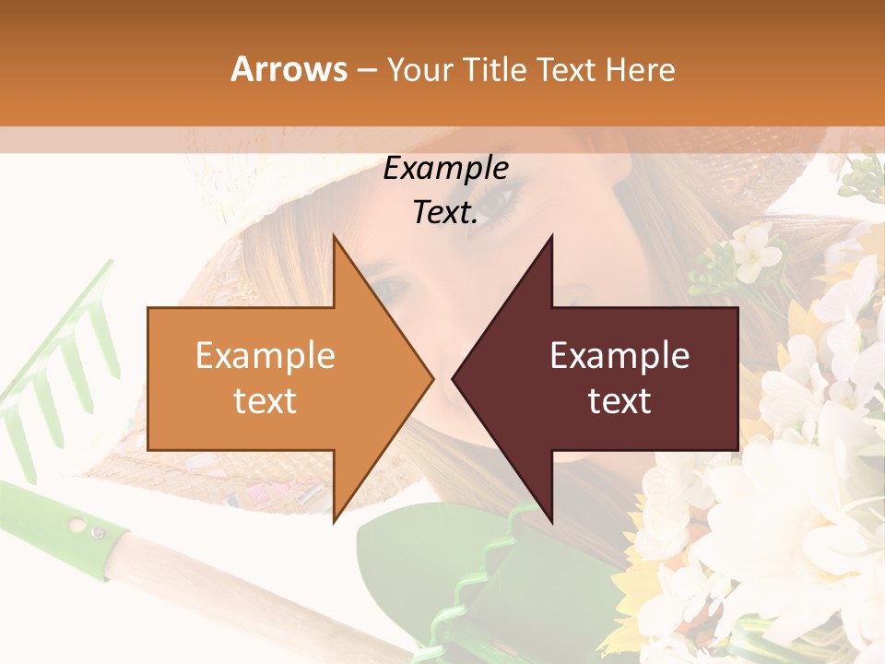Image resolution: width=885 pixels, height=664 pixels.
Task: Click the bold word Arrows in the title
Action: coord(289,69)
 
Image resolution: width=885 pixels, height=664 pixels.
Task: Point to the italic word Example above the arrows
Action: coord(445,169)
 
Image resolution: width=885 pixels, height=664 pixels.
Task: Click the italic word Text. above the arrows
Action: coord(445,213)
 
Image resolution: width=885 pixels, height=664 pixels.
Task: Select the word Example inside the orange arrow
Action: coord(265,355)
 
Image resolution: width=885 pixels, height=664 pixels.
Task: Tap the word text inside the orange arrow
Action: coord(265,400)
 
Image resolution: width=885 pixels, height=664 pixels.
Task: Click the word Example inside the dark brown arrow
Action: coord(619,355)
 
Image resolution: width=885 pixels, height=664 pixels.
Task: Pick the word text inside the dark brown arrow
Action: coord(619,400)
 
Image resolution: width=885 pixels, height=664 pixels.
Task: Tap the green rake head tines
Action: coord(55,369)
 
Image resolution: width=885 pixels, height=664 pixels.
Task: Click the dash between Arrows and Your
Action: coord(366,70)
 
